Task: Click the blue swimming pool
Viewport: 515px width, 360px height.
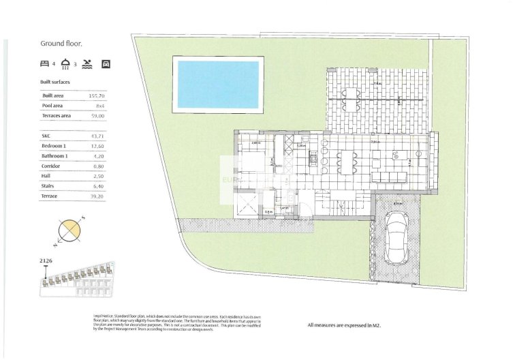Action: [218, 85]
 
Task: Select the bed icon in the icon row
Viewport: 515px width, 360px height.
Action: [45, 65]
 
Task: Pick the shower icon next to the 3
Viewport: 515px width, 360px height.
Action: [65, 65]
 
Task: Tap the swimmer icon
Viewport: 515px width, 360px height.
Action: [87, 65]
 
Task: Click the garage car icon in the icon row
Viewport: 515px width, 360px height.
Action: [106, 65]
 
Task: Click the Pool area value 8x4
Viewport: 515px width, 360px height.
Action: [100, 106]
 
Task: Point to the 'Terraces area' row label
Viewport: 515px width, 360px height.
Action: [57, 117]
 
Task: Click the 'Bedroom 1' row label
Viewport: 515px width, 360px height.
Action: [54, 146]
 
